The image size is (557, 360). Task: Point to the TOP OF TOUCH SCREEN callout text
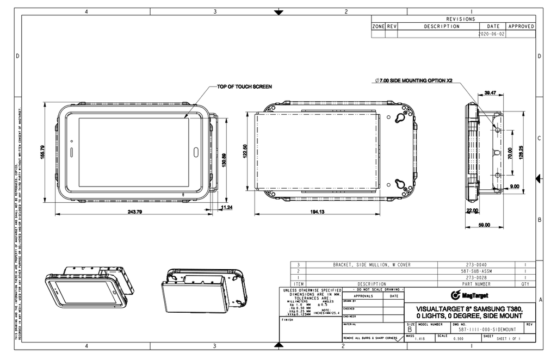pyautogui.click(x=244, y=86)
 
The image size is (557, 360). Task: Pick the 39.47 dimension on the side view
pyautogui.click(x=490, y=93)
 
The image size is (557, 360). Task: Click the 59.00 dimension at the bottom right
pyautogui.click(x=484, y=224)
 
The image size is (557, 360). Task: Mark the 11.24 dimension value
pyautogui.click(x=227, y=207)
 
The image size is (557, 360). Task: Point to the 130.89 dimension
pyautogui.click(x=223, y=162)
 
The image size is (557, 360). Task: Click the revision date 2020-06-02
pyautogui.click(x=491, y=33)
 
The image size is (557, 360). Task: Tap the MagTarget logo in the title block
pyautogui.click(x=470, y=295)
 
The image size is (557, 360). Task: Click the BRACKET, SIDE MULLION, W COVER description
pyautogui.click(x=372, y=265)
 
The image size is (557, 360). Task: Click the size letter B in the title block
pyautogui.click(x=410, y=330)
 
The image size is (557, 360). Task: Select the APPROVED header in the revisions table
pyautogui.click(x=521, y=26)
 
